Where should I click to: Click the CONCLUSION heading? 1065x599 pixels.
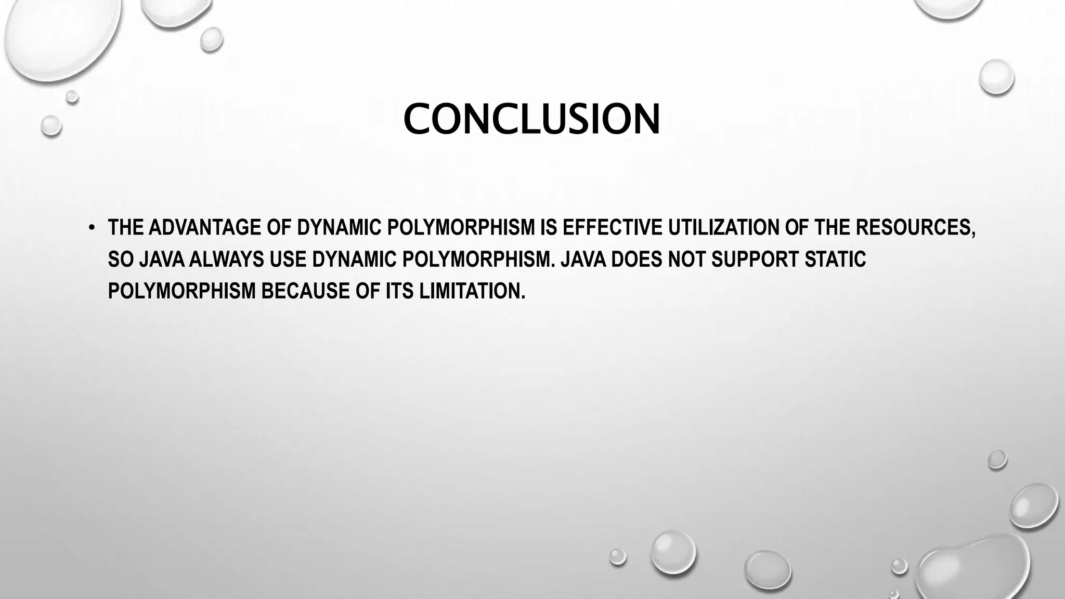point(531,120)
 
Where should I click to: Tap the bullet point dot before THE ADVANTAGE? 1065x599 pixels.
point(92,228)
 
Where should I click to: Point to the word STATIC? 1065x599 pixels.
point(835,259)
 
